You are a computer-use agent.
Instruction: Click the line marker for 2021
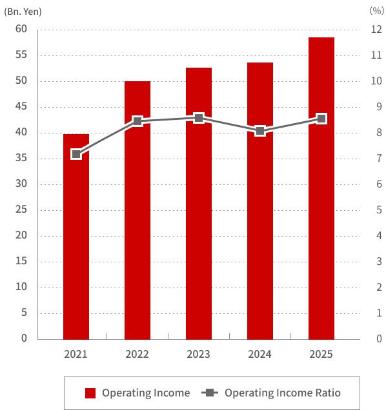coord(76,154)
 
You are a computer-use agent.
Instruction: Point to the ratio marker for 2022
coord(137,121)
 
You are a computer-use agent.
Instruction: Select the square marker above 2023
coord(199,118)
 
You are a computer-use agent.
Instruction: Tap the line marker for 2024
coord(260,131)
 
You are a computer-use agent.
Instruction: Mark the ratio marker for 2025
coord(321,119)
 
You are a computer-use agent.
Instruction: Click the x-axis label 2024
coord(260,355)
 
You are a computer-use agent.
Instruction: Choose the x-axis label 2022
coord(137,355)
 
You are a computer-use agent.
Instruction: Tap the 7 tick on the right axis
coord(376,158)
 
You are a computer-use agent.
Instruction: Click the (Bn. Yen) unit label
coord(22,11)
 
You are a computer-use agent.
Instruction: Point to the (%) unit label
coord(376,11)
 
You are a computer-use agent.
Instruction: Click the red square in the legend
coord(90,393)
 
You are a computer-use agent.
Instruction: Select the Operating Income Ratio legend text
coord(282,393)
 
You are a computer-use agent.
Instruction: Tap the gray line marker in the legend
coord(210,393)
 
